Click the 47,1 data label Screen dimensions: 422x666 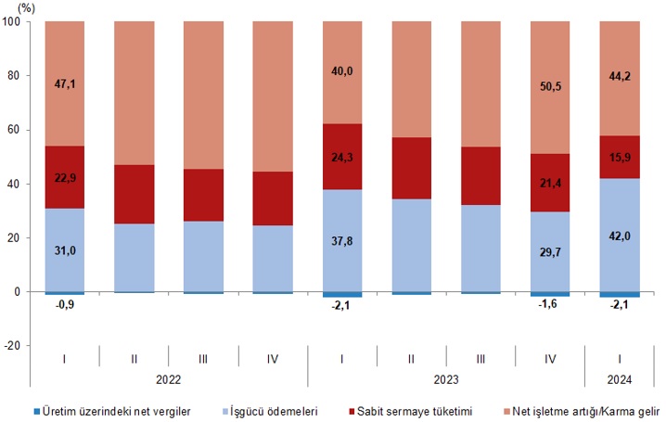[64, 83]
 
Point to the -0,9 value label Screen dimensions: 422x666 [64, 303]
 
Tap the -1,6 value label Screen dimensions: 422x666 [550, 304]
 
